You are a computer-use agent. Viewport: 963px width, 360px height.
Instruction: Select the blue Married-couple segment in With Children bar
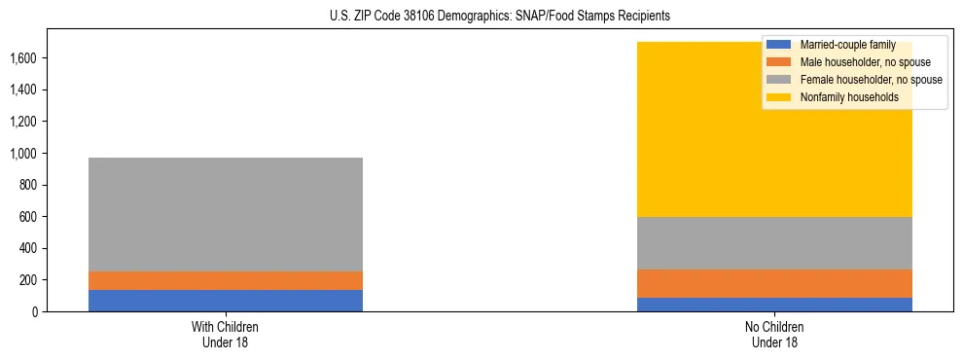pyautogui.click(x=226, y=301)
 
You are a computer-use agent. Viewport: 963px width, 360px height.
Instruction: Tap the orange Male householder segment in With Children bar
pyautogui.click(x=226, y=280)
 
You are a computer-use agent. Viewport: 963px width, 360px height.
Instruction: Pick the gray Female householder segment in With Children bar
pyautogui.click(x=226, y=214)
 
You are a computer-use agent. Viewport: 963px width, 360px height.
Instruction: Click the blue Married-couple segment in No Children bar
pyautogui.click(x=775, y=305)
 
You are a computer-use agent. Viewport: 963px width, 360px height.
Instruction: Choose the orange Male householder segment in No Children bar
pyautogui.click(x=775, y=283)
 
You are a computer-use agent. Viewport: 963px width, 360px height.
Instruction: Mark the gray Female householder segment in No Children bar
pyautogui.click(x=775, y=243)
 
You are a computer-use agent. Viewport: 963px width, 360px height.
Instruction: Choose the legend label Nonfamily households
pyautogui.click(x=842, y=97)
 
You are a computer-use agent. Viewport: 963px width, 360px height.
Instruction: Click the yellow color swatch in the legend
pyautogui.click(x=779, y=97)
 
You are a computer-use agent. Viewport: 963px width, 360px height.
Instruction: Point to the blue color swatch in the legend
pyautogui.click(x=779, y=45)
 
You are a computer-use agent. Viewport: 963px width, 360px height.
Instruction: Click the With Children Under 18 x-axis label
pyautogui.click(x=226, y=335)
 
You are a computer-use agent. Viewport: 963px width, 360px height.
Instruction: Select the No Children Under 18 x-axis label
pyautogui.click(x=775, y=335)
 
